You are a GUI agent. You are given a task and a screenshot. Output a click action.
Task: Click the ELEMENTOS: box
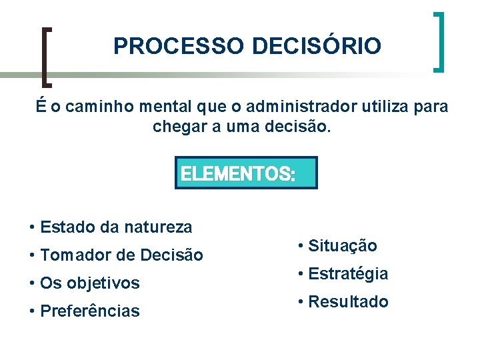(246, 173)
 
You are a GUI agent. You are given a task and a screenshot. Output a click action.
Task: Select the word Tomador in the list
(71, 255)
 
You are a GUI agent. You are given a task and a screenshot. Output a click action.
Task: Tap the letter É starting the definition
(41, 106)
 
